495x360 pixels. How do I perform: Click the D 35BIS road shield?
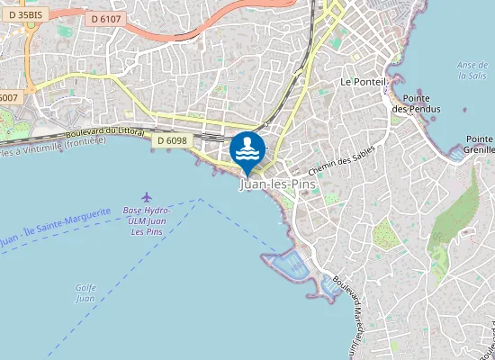coord(24,14)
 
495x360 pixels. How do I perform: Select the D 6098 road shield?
coord(171,140)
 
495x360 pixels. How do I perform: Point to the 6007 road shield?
coord(8,97)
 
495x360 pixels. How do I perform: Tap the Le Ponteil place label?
coord(363,81)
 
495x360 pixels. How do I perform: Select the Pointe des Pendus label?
coord(415,103)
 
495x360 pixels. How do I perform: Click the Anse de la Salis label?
coord(472,70)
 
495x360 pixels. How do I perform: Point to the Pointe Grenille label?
coord(479,144)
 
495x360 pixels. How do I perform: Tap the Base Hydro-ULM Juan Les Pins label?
coord(147,221)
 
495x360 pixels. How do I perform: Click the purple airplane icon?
coord(147,196)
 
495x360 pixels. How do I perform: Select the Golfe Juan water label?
coord(85,292)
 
